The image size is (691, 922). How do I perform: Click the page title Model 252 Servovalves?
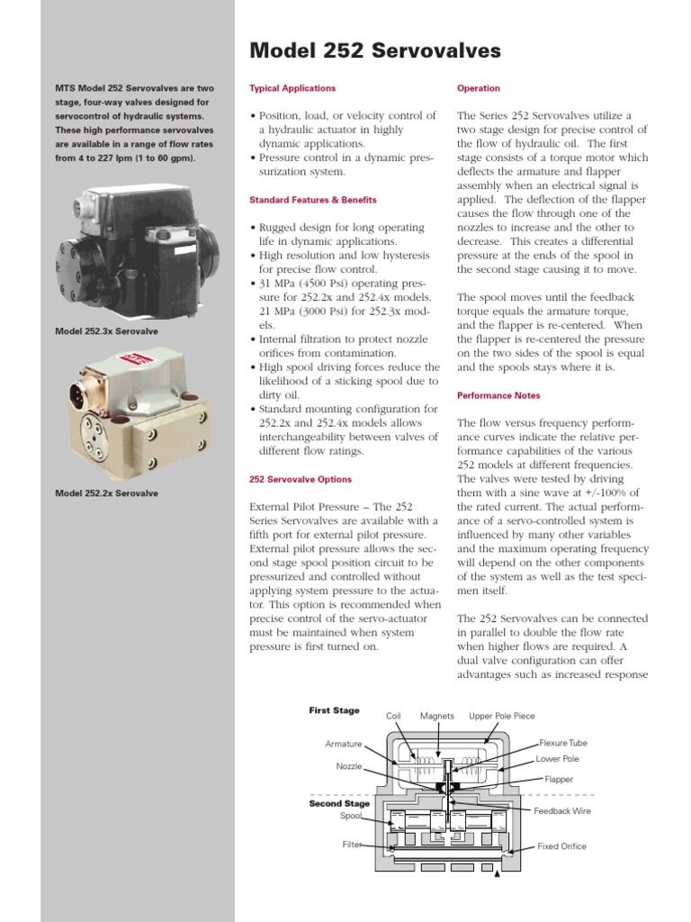pos(374,51)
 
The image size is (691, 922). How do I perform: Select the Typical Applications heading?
pos(292,88)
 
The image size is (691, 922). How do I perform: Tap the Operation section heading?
pos(479,88)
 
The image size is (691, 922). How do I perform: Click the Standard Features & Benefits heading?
pos(312,200)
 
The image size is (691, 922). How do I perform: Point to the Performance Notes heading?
pos(500,395)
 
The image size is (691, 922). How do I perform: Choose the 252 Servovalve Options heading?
pos(301,479)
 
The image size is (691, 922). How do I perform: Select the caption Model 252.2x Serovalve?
pos(106,493)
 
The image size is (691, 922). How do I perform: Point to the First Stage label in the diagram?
pos(334,710)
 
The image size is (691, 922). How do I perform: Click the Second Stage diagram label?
pos(339,803)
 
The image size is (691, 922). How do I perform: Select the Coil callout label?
pos(393,716)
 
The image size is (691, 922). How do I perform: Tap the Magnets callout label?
pos(437,716)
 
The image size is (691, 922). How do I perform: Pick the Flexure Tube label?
pos(563,743)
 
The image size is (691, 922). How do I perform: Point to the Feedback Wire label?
pos(562,811)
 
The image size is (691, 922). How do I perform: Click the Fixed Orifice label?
pos(561,846)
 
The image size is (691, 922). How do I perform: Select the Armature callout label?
pos(344,744)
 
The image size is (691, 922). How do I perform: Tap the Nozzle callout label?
pos(349,766)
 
